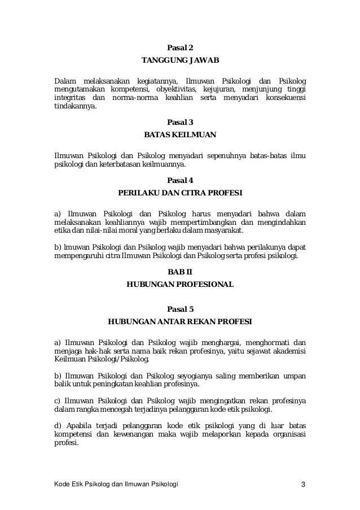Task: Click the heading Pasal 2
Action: (x=180, y=47)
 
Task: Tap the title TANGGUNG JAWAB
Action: (x=180, y=60)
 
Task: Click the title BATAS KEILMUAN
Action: (x=180, y=135)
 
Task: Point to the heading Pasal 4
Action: (x=181, y=181)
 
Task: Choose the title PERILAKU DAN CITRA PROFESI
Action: (x=180, y=194)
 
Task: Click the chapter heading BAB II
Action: (x=180, y=272)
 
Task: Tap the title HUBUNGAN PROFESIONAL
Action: (x=180, y=285)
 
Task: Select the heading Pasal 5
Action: (x=181, y=308)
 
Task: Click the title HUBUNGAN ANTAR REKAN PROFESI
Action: (x=180, y=322)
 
